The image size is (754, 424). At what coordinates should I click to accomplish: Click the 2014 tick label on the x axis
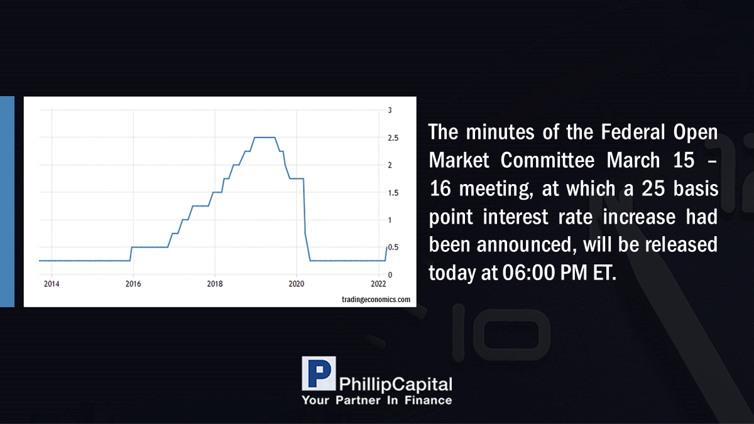click(52, 284)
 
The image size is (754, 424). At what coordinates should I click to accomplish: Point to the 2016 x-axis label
click(133, 284)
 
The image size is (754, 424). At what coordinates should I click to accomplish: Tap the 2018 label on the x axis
click(215, 284)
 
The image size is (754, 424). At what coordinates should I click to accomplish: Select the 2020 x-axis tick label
click(296, 284)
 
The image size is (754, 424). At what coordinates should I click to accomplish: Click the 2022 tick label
click(378, 284)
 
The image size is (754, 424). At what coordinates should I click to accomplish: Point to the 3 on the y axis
click(390, 110)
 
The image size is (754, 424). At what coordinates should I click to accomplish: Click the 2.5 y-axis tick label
click(393, 138)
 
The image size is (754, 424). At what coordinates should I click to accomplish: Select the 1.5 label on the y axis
click(393, 193)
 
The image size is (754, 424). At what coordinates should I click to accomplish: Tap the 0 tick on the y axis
click(390, 275)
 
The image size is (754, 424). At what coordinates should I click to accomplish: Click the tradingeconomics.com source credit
click(376, 299)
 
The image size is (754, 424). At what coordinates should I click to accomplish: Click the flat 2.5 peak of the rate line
click(265, 138)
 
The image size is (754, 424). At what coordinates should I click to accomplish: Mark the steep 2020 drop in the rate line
click(305, 219)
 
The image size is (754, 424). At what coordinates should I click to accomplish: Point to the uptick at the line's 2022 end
click(386, 254)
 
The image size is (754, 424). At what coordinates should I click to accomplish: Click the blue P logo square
click(319, 373)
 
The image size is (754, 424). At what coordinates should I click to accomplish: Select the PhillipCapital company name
click(395, 384)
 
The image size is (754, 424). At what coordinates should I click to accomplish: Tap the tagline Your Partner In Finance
click(376, 400)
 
